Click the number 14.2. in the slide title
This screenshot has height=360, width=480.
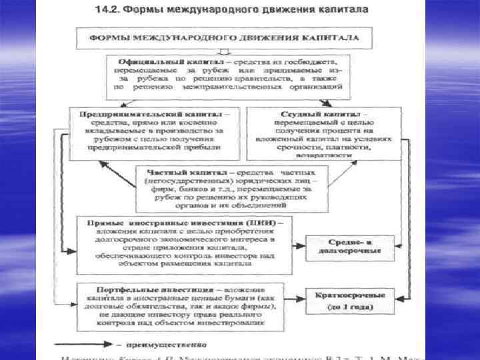point(107,12)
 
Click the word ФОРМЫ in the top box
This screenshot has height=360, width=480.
point(111,37)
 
